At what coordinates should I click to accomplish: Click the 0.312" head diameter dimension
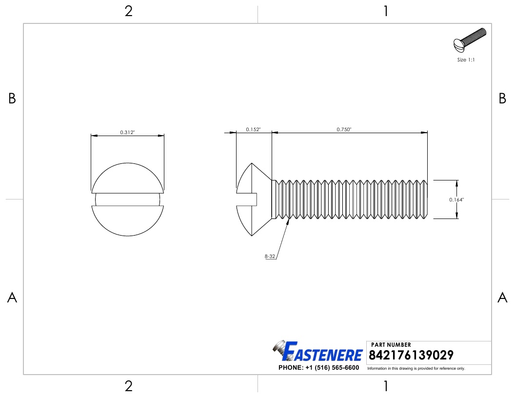coord(127,132)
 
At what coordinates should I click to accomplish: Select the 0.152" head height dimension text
coord(253,129)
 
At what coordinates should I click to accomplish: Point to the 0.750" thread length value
coord(344,129)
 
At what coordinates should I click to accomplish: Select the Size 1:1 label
coord(466,60)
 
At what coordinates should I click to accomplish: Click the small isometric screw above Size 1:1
coord(470,41)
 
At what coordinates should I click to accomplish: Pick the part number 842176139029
coord(412,355)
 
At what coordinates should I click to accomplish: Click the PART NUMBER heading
coord(391,345)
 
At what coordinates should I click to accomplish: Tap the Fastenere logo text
coord(324,353)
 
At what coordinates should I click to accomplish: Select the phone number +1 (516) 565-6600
coord(318,368)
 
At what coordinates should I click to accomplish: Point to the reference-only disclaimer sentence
coord(416,368)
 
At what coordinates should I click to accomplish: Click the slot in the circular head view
coord(127,199)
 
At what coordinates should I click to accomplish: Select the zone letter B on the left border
coord(12,99)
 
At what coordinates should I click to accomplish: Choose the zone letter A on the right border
coord(502,298)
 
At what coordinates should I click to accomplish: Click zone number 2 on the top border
coord(128,11)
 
